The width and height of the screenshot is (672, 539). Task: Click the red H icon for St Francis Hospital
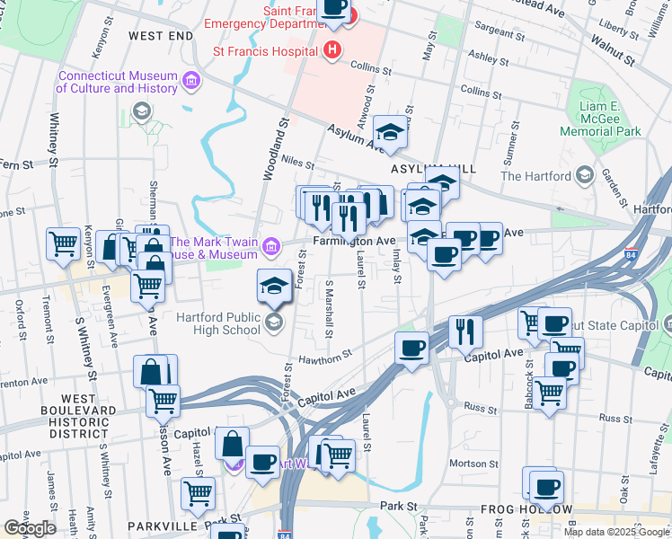click(333, 49)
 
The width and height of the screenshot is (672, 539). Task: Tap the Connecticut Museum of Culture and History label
click(117, 82)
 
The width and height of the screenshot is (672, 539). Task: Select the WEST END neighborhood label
click(161, 35)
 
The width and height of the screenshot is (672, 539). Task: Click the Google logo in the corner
click(30, 528)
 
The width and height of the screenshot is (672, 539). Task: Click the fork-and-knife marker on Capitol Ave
click(465, 331)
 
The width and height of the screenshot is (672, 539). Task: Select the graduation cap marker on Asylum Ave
click(390, 133)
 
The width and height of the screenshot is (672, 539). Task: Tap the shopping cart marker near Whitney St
click(64, 243)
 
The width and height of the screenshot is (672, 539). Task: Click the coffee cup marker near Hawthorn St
click(412, 348)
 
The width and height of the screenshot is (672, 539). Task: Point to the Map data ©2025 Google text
click(616, 531)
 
